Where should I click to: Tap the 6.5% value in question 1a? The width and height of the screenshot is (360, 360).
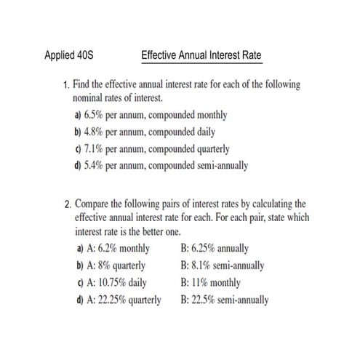coord(95,114)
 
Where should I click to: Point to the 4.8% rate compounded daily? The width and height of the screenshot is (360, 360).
coord(95,132)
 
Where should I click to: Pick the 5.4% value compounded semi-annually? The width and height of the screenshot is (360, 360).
coord(95,165)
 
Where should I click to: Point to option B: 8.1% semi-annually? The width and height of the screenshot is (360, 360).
coord(226,266)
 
